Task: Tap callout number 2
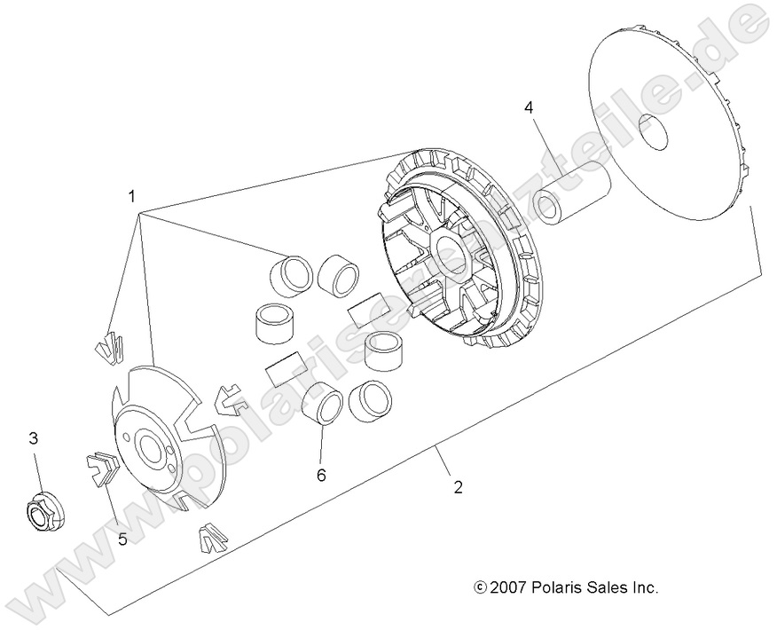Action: click(x=458, y=486)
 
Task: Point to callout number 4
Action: click(x=529, y=108)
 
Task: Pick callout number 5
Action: click(x=122, y=537)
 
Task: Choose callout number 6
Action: click(x=321, y=475)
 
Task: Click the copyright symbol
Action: click(x=480, y=587)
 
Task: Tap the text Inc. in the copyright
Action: click(x=644, y=587)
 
